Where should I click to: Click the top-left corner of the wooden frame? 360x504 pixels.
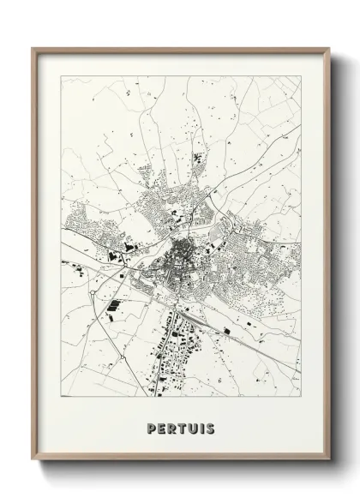33,49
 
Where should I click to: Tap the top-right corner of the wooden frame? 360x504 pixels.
330,49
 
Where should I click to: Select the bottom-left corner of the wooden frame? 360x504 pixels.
33,461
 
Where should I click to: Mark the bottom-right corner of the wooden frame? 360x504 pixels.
330,461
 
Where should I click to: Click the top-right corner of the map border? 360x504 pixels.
301,76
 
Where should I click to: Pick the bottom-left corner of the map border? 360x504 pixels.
62,399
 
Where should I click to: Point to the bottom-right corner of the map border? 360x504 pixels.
301,399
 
